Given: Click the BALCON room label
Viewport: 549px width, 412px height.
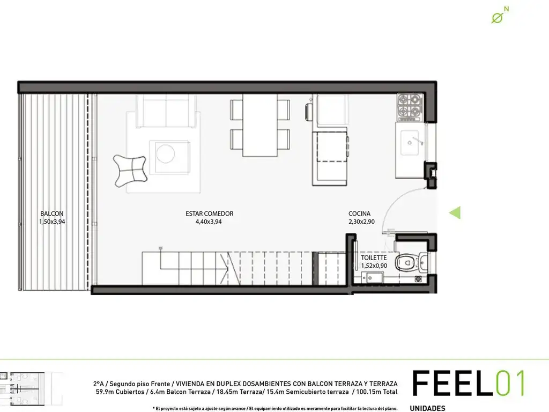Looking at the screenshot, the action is point(52,214).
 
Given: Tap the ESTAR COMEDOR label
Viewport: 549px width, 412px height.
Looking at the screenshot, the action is point(210,214).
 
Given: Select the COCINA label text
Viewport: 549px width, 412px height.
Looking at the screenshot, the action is point(359,214).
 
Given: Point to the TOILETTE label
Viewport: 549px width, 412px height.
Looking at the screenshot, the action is point(374,257).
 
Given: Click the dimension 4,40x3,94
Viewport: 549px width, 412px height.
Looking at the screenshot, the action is point(209,222).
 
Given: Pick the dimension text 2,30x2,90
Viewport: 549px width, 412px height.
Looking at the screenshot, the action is point(361,222).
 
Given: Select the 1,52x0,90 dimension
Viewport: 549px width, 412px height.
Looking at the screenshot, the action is point(374,266).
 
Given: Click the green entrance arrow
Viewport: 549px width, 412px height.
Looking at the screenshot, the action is point(455,212).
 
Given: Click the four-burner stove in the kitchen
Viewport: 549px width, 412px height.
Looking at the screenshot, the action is point(410,107).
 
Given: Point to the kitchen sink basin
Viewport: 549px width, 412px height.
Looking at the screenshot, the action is point(410,143).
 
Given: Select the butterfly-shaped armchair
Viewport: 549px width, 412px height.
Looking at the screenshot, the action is point(130,171).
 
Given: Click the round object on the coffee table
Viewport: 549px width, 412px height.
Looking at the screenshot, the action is point(166,153).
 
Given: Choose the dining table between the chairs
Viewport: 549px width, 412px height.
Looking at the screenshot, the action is point(260,125).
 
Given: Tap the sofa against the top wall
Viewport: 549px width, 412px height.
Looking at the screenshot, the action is point(166,111).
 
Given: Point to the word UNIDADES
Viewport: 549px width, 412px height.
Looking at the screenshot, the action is point(427,408).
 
